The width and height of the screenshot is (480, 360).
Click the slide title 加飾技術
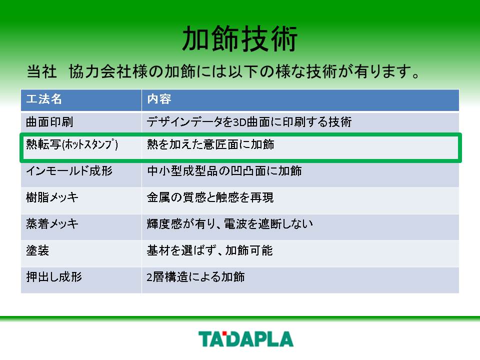(239, 38)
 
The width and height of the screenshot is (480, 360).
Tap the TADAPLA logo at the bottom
(246, 339)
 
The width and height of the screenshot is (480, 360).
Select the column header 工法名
(44, 99)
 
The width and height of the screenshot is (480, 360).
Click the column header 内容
(159, 99)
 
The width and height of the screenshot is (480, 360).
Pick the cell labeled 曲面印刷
(49, 122)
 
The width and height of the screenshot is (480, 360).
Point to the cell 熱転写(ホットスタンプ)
(72, 144)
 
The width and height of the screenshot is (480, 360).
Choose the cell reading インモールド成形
(69, 171)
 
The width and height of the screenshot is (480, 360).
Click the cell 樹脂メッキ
(52, 197)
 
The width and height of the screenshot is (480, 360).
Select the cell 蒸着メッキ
(52, 224)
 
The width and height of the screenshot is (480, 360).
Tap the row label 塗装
(37, 250)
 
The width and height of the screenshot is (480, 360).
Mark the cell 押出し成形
(54, 277)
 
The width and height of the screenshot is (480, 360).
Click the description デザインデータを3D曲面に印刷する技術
(249, 122)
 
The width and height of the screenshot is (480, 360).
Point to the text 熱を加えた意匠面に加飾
(210, 144)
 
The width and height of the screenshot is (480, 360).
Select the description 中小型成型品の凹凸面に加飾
(224, 171)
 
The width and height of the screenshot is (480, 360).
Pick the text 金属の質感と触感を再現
(210, 197)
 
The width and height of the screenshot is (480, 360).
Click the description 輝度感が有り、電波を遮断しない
(230, 224)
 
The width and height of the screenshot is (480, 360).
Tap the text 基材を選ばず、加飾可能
(209, 250)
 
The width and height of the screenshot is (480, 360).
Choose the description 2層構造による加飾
(195, 277)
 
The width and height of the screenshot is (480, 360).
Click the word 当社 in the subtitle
(41, 72)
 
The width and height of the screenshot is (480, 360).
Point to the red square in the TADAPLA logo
(224, 333)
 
